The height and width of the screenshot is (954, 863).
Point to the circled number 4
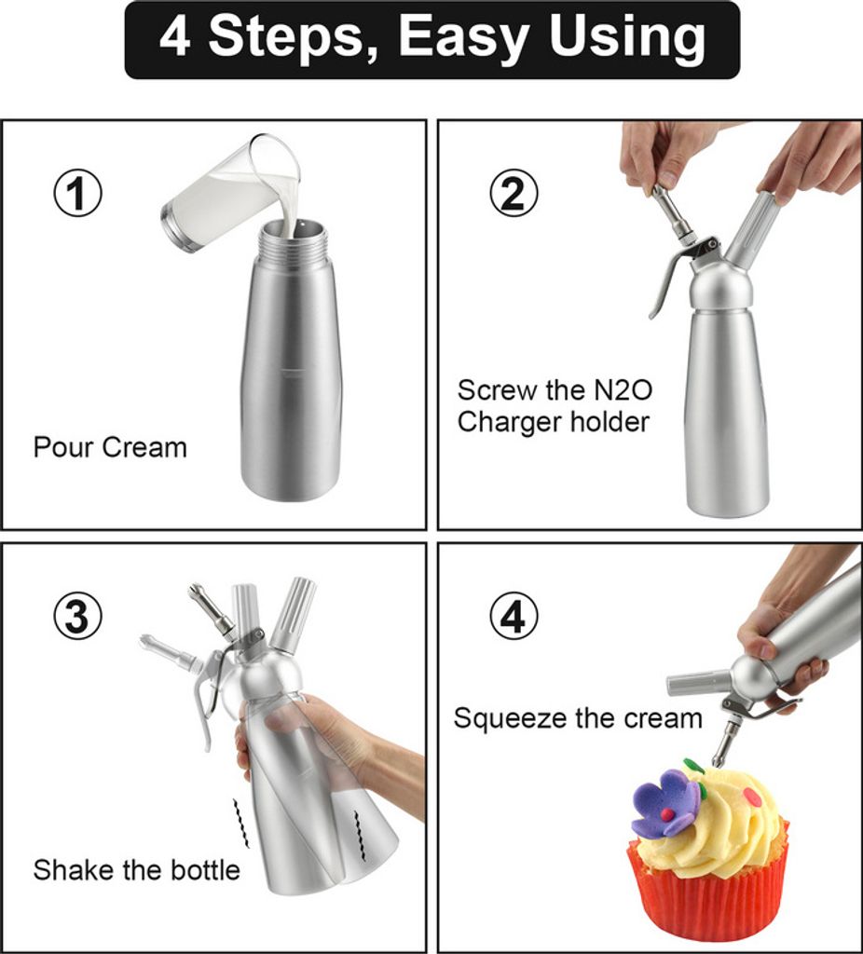pyautogui.click(x=514, y=617)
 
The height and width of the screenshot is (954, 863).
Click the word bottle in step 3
pyautogui.click(x=205, y=869)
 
